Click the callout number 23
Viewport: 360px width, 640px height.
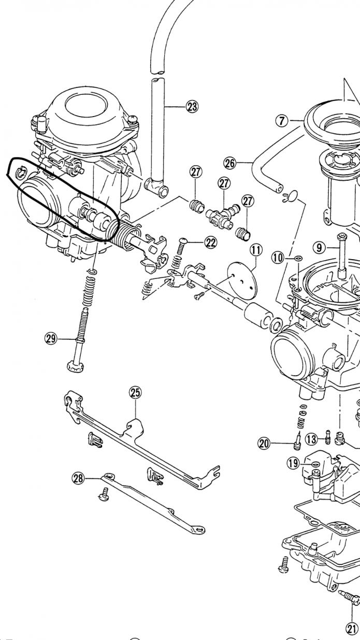click(x=192, y=107)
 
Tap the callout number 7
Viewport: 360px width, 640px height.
click(x=281, y=121)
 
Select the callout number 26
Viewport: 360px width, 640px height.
click(x=229, y=163)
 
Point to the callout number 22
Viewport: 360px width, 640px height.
click(x=211, y=242)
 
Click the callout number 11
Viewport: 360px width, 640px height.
click(x=256, y=250)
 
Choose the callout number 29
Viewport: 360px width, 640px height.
click(x=50, y=339)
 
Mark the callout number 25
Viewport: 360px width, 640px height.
click(x=135, y=393)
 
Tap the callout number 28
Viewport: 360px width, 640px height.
click(x=78, y=478)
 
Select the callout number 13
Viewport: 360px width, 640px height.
click(x=311, y=439)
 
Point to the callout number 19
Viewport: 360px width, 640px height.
click(x=293, y=463)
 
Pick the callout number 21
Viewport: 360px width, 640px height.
click(x=352, y=629)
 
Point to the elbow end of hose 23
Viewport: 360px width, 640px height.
click(x=157, y=188)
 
